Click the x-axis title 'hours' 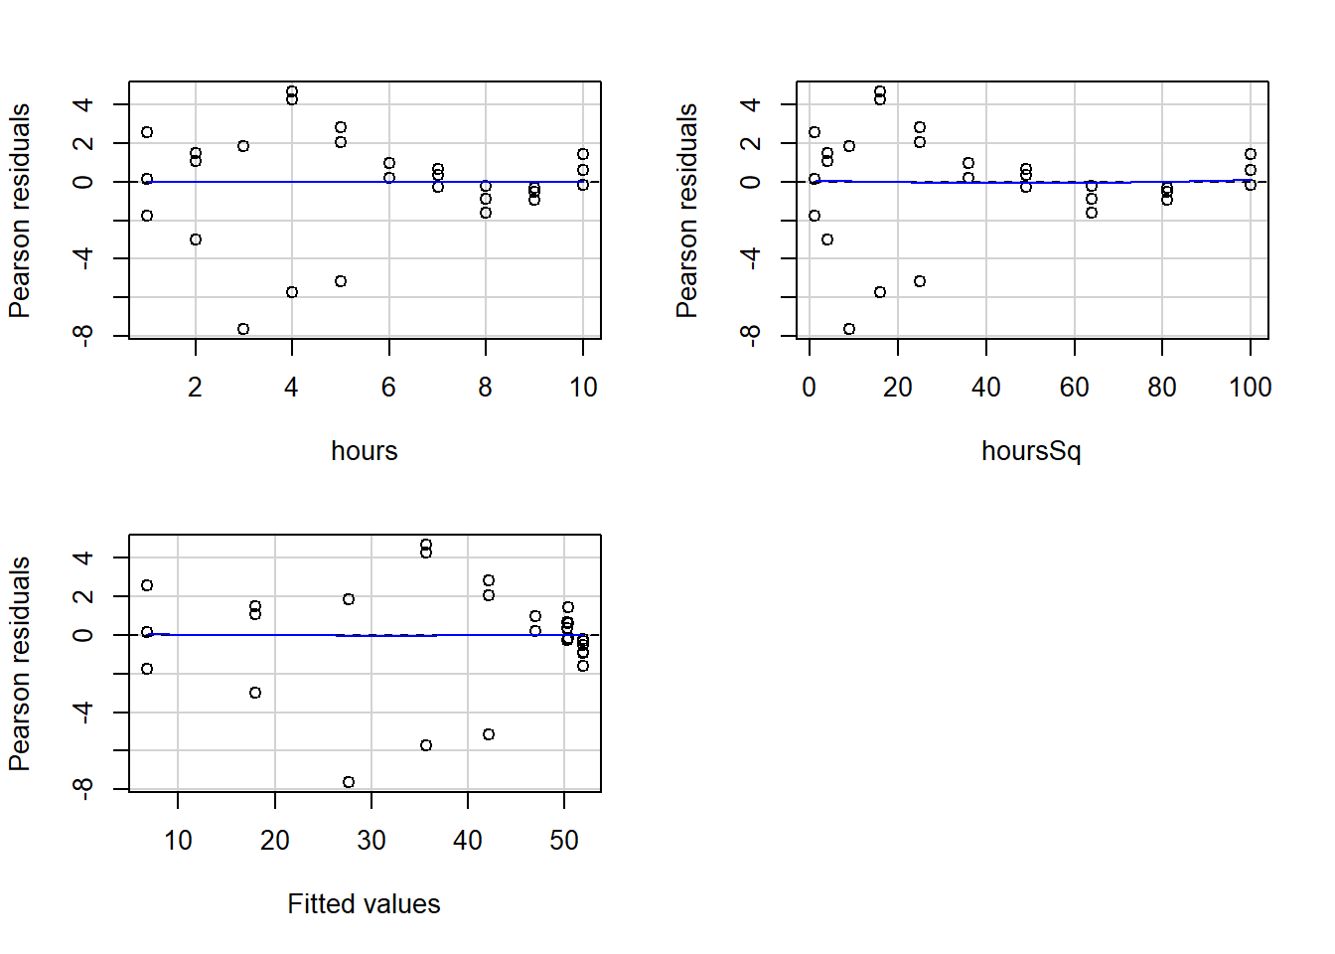[x=364, y=451]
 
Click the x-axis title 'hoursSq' [x=1030, y=451]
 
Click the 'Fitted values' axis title [x=364, y=904]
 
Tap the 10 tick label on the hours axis [x=583, y=388]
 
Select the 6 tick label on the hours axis [x=388, y=388]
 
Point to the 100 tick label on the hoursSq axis [x=1250, y=388]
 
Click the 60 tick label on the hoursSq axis [x=1074, y=388]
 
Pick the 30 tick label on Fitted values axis [x=371, y=841]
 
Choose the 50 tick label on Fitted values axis [x=564, y=841]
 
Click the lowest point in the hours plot [x=243, y=329]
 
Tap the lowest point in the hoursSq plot [x=849, y=329]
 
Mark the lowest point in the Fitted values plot [x=349, y=782]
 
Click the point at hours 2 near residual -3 [x=196, y=239]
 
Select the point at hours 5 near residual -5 [x=341, y=281]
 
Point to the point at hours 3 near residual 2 [x=243, y=146]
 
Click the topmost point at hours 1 [x=147, y=132]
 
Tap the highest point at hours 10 [x=583, y=154]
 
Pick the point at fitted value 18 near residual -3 [x=255, y=693]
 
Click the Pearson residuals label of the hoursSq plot [x=686, y=211]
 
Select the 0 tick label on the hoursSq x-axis [x=810, y=388]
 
